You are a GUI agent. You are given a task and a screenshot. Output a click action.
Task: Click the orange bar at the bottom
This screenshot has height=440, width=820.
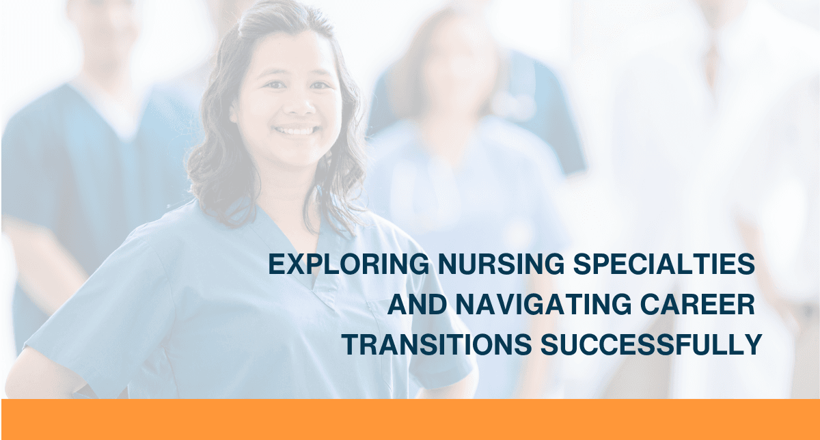tap(410, 419)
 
